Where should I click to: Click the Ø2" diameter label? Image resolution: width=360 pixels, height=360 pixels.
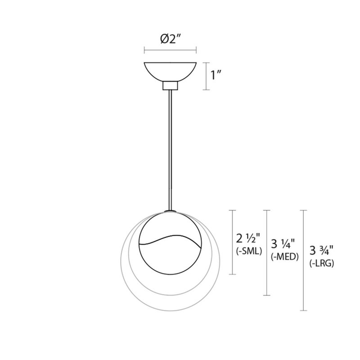170,40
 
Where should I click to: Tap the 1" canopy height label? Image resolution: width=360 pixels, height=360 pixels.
218,75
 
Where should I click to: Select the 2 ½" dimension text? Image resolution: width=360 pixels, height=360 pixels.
249,238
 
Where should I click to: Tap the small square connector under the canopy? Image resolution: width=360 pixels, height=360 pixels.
170,85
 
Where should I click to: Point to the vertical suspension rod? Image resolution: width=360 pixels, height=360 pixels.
170,148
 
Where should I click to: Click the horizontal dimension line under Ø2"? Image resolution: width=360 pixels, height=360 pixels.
170,49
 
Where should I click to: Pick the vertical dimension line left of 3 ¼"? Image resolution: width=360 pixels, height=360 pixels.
267,252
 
